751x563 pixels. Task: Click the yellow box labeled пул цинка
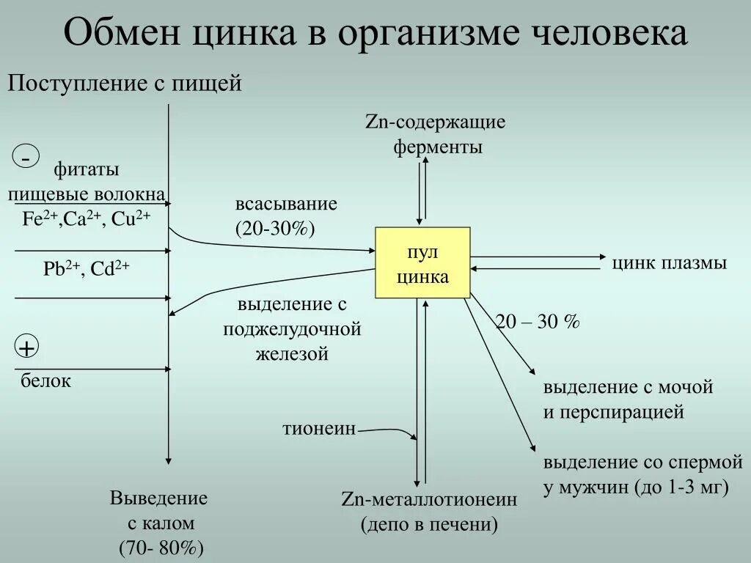[x=422, y=262]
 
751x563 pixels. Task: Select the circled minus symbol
[x=26, y=157]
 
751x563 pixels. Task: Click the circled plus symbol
[x=26, y=347]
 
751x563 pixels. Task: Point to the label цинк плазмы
[x=670, y=263]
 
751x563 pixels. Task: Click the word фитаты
[x=86, y=170]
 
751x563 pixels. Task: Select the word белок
[x=45, y=381]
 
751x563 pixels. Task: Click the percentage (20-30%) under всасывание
[x=275, y=228]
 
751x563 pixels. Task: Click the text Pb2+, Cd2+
[x=86, y=269]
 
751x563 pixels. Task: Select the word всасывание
[x=286, y=204]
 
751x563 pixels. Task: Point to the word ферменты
[x=438, y=147]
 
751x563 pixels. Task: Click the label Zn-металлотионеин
[x=429, y=500]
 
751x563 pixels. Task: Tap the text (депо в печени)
[x=429, y=525]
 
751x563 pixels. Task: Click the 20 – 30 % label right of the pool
[x=538, y=322]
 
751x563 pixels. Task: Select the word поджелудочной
[x=293, y=329]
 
